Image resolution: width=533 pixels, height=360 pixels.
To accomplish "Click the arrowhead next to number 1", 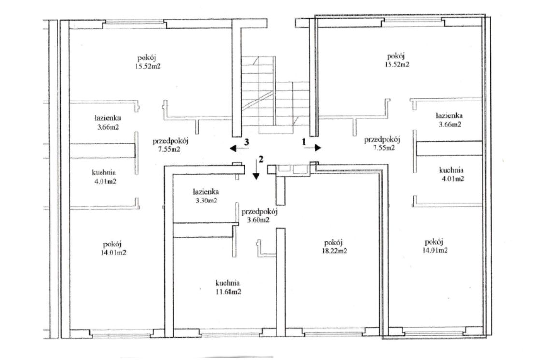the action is [318, 147].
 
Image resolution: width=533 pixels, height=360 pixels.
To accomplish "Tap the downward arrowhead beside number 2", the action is [256, 176].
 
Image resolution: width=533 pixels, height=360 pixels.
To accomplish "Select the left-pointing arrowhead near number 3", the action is [233, 148].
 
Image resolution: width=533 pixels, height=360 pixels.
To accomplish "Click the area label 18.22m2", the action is [334, 251].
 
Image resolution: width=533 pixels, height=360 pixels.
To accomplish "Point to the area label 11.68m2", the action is [229, 292].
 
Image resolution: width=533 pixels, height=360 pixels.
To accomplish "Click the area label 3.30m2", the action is [206, 201].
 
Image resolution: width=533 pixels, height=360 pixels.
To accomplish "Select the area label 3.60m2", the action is [259, 220].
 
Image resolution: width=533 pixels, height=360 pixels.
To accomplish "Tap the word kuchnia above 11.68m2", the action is [228, 283].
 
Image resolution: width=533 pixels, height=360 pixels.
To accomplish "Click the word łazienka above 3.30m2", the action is [206, 192].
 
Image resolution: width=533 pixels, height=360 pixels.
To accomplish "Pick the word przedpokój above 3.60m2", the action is [259, 212].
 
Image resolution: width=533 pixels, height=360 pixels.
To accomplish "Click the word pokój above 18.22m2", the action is [333, 243].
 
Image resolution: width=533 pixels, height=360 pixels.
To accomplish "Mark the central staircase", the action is [275, 95].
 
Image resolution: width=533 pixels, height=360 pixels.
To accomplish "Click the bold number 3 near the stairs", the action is [246, 142].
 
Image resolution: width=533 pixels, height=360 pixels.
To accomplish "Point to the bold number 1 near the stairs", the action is [304, 142].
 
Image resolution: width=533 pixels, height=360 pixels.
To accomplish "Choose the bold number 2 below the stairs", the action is [261, 159].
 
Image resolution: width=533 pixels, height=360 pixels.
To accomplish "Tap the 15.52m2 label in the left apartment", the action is [147, 66].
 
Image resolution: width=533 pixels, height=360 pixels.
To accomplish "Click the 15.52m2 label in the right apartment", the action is [397, 64].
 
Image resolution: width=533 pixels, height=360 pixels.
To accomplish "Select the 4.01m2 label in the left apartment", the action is [105, 181].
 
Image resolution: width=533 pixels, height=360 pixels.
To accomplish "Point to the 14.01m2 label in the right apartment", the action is [435, 250].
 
